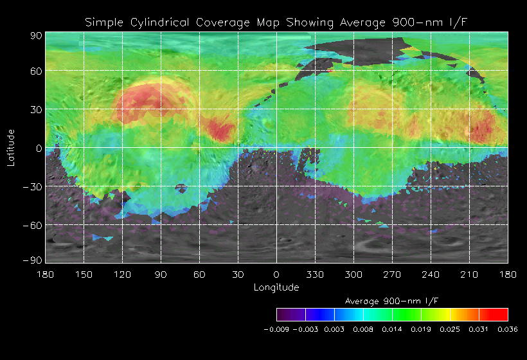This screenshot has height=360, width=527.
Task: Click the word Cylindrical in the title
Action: coord(161,22)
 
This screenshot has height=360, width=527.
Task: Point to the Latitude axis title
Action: coord(11,147)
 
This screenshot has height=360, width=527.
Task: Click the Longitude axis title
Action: coord(276,287)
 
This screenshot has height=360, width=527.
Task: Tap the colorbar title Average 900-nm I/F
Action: coord(392,301)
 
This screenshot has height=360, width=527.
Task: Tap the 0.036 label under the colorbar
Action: coord(507,328)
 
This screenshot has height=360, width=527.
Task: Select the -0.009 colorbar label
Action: coord(276,328)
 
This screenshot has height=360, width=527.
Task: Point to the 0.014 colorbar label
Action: coord(392,328)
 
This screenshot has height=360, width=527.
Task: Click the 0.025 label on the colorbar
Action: coord(450,328)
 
